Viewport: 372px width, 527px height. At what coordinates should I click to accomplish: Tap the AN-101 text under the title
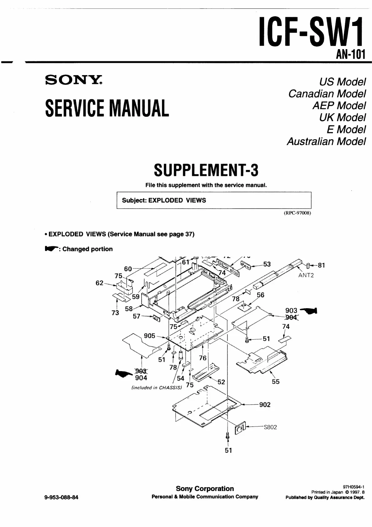click(x=350, y=55)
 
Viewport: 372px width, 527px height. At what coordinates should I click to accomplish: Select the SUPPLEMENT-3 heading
click(x=206, y=170)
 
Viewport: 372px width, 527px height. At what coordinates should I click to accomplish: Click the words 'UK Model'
click(x=342, y=117)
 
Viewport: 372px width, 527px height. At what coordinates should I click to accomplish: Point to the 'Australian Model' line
click(x=326, y=141)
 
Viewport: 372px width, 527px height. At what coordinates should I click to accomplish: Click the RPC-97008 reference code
click(x=297, y=213)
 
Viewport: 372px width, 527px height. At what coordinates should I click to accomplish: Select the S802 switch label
click(x=270, y=427)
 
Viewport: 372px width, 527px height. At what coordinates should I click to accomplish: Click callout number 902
click(x=265, y=405)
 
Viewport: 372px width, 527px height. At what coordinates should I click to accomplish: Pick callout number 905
click(x=149, y=336)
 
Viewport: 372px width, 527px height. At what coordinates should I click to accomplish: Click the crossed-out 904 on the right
click(x=291, y=317)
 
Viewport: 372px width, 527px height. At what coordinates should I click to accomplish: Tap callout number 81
click(x=321, y=265)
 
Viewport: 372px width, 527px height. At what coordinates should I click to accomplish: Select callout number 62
click(x=99, y=283)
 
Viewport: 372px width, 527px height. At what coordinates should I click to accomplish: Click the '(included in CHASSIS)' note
click(x=157, y=387)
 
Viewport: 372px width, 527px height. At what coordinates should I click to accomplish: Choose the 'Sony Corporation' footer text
click(x=205, y=489)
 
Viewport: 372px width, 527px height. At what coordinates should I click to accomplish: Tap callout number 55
click(x=276, y=381)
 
